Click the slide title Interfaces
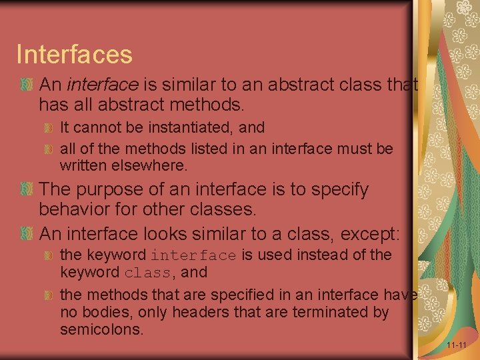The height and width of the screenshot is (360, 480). pyautogui.click(x=74, y=54)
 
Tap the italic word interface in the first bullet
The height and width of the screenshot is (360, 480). pyautogui.click(x=103, y=85)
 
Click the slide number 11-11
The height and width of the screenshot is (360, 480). pyautogui.click(x=457, y=345)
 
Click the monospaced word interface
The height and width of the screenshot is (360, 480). pyautogui.click(x=193, y=255)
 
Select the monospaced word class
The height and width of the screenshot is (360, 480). pyautogui.click(x=147, y=273)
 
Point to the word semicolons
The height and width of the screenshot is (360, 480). pyautogui.click(x=101, y=329)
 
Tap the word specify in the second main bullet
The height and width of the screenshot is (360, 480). pyautogui.click(x=337, y=190)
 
